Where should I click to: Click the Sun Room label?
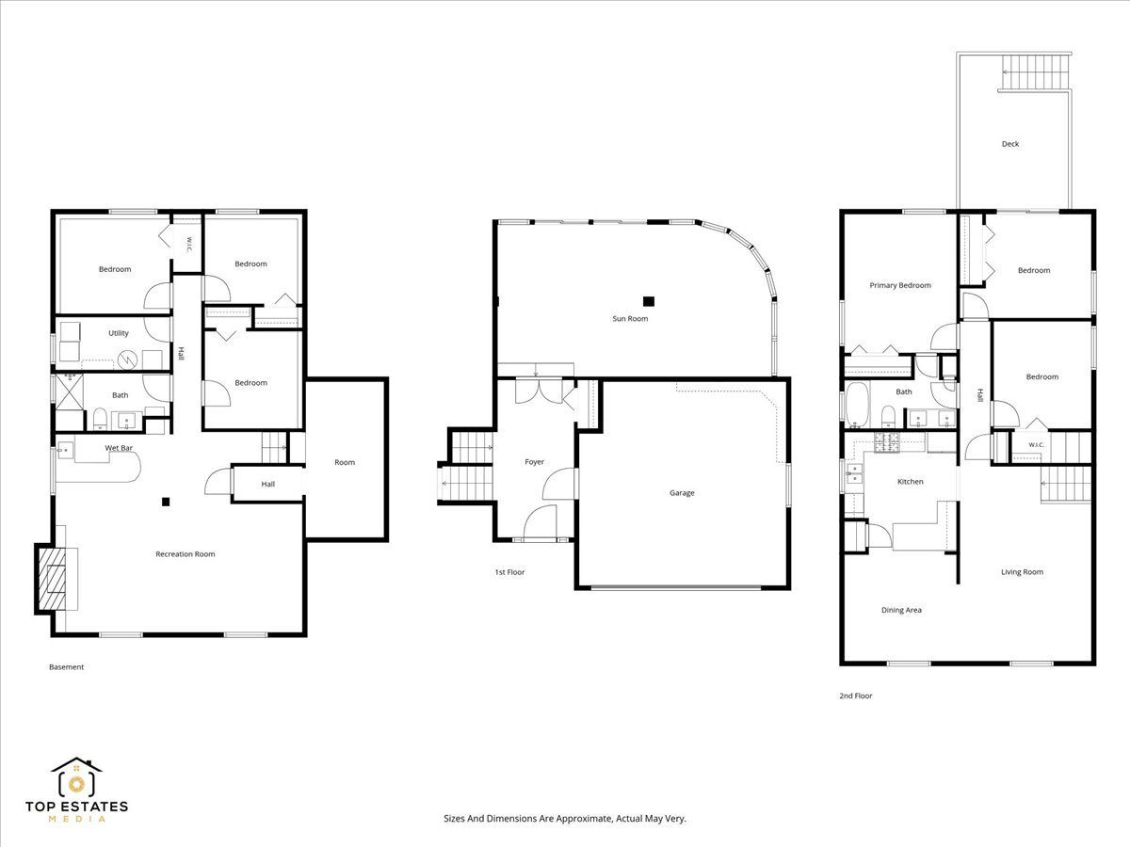[x=630, y=318]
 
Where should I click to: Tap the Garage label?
[x=682, y=492]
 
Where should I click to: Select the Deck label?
[x=1010, y=144]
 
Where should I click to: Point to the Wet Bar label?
[x=119, y=447]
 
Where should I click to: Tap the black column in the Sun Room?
[x=649, y=301]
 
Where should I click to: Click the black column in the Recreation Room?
[x=166, y=502]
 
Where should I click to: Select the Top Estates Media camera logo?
[x=76, y=777]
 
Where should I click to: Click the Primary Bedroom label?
[x=900, y=285]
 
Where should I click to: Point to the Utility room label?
[x=119, y=333]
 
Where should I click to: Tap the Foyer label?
[x=534, y=462]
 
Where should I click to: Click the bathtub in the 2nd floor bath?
[x=857, y=405]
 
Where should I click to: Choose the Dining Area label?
[x=901, y=610]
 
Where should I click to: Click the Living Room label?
[x=1023, y=572]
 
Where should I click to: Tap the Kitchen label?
[x=911, y=481]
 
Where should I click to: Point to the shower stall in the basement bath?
[x=69, y=392]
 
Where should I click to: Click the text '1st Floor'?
[x=509, y=572]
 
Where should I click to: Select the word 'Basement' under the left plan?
[x=67, y=667]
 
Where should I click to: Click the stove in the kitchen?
[x=887, y=441]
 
